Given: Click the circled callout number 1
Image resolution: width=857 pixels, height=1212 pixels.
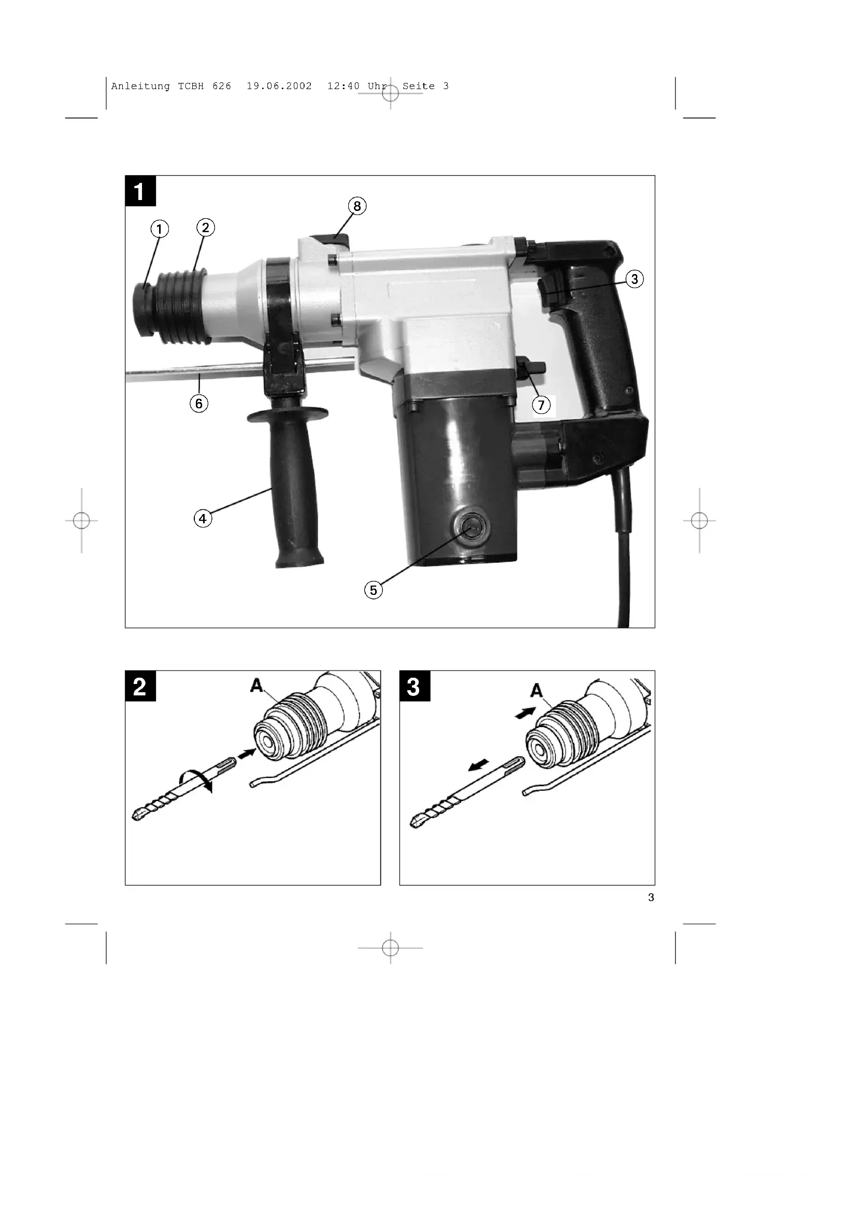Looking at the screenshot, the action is tap(160, 229).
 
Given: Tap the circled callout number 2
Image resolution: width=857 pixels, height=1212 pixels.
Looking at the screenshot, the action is tap(205, 227).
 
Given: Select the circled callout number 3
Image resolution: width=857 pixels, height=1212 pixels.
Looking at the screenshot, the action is tap(634, 279).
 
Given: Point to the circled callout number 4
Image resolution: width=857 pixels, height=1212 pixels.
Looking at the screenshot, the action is tap(203, 518).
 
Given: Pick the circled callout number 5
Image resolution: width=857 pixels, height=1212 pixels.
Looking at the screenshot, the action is tap(374, 590).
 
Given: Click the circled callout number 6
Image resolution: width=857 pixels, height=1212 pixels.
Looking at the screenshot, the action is tap(199, 404).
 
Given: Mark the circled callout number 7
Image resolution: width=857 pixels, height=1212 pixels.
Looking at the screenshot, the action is tap(541, 405).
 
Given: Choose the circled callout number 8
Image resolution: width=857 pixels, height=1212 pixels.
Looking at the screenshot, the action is tap(358, 206).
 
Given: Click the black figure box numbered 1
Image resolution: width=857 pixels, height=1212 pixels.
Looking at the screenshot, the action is tap(140, 191).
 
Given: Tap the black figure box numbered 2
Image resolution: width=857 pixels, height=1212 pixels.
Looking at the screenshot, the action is tap(140, 686).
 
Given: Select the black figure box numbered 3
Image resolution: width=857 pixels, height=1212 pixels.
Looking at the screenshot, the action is tap(415, 686).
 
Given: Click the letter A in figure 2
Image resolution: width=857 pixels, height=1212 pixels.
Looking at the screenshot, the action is tap(256, 685).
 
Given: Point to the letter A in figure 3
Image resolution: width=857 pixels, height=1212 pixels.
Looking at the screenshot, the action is tap(537, 689).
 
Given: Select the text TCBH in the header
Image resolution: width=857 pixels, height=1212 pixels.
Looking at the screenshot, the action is tap(191, 86).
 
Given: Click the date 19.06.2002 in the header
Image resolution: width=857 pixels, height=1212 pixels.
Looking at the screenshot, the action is tap(279, 86).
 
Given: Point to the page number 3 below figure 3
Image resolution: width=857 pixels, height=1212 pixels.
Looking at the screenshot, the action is tap(651, 897).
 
